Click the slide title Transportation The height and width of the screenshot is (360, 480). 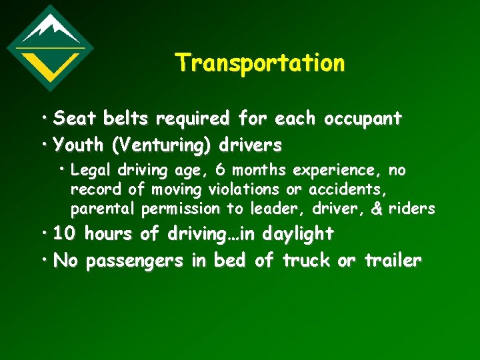260,63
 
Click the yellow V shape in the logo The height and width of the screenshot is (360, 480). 50,63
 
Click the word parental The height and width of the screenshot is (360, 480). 103,209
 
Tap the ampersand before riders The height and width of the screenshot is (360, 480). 376,209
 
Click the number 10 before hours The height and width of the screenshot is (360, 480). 65,234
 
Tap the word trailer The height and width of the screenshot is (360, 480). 393,261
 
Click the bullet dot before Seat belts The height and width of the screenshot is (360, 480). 45,117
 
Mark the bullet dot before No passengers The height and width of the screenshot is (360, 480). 45,259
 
